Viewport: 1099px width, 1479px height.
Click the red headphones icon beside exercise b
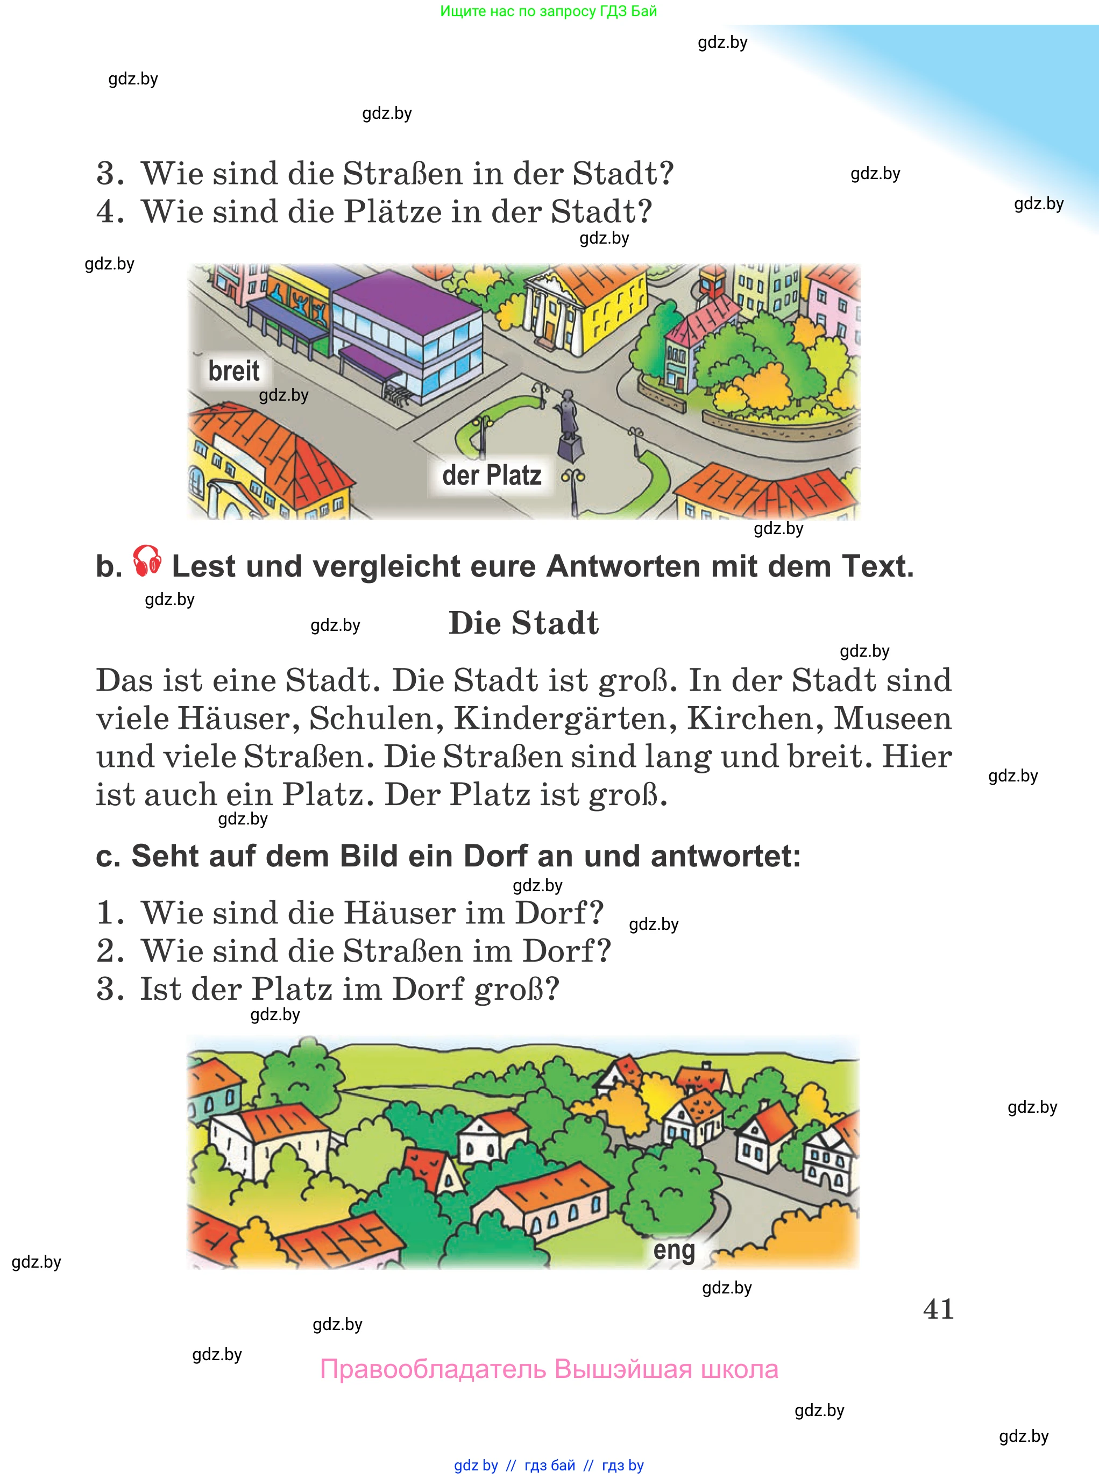146,560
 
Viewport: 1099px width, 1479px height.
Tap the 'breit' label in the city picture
233,371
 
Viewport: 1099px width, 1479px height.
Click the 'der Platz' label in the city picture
492,475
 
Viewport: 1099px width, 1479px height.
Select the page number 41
938,1309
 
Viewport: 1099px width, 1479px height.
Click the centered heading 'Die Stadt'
523,623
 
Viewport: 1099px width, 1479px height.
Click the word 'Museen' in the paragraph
893,718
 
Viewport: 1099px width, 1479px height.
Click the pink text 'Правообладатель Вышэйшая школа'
549,1369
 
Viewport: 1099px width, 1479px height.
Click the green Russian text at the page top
548,11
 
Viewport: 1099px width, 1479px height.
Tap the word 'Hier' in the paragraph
917,757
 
